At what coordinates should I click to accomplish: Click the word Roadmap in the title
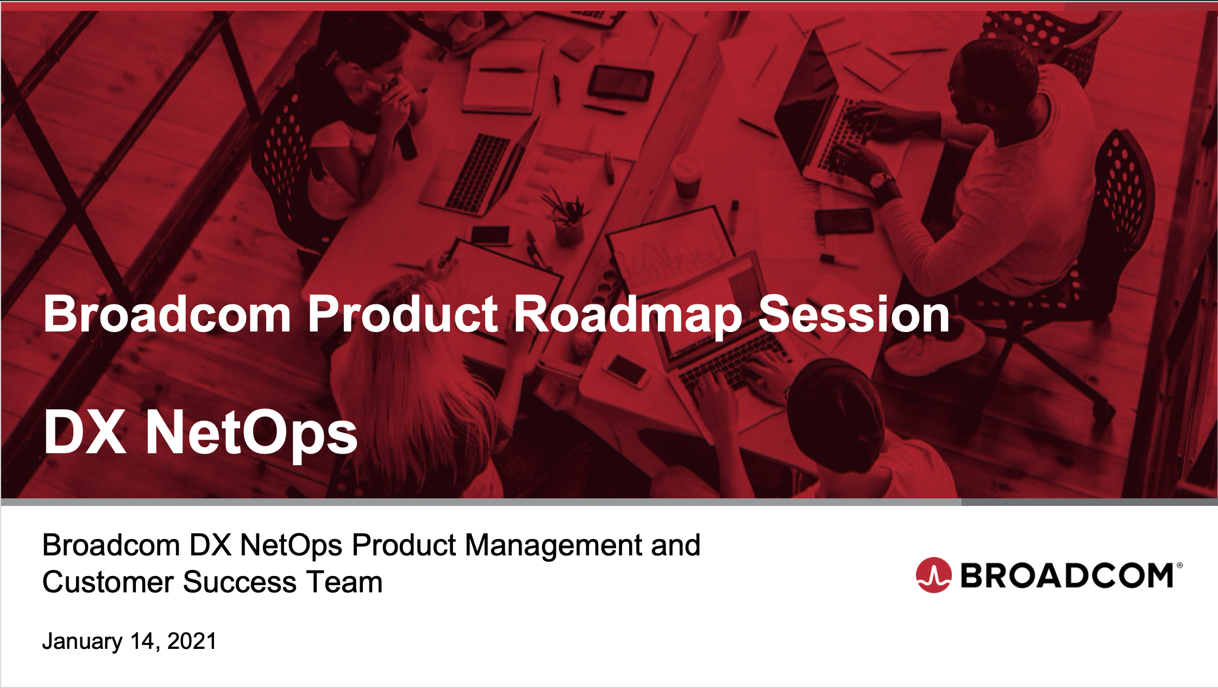(x=627, y=315)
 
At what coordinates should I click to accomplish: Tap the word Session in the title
(x=853, y=315)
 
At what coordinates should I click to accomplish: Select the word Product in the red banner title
(x=403, y=315)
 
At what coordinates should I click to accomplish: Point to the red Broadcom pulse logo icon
(x=933, y=575)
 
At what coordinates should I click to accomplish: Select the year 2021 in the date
(x=192, y=641)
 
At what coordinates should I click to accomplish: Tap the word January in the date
(x=82, y=641)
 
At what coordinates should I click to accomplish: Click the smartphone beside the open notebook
(x=620, y=83)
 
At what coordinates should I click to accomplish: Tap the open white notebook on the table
(x=503, y=79)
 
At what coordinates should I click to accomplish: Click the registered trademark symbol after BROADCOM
(x=1179, y=566)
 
